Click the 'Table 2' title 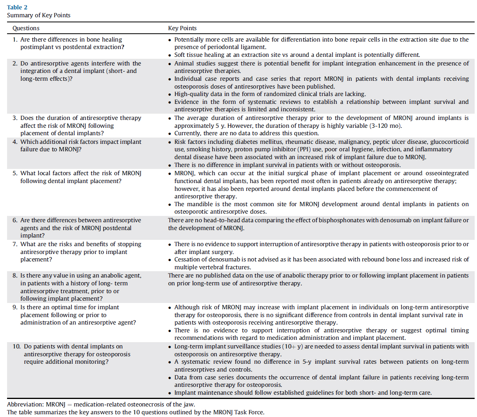click(x=17, y=7)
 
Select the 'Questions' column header click(x=26, y=28)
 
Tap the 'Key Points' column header click(x=182, y=28)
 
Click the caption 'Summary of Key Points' click(x=39, y=15)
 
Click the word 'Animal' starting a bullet click(x=185, y=63)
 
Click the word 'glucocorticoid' click(x=449, y=142)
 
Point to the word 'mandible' click(x=198, y=204)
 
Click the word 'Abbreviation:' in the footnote click(x=25, y=404)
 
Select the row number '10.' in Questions click(x=16, y=346)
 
